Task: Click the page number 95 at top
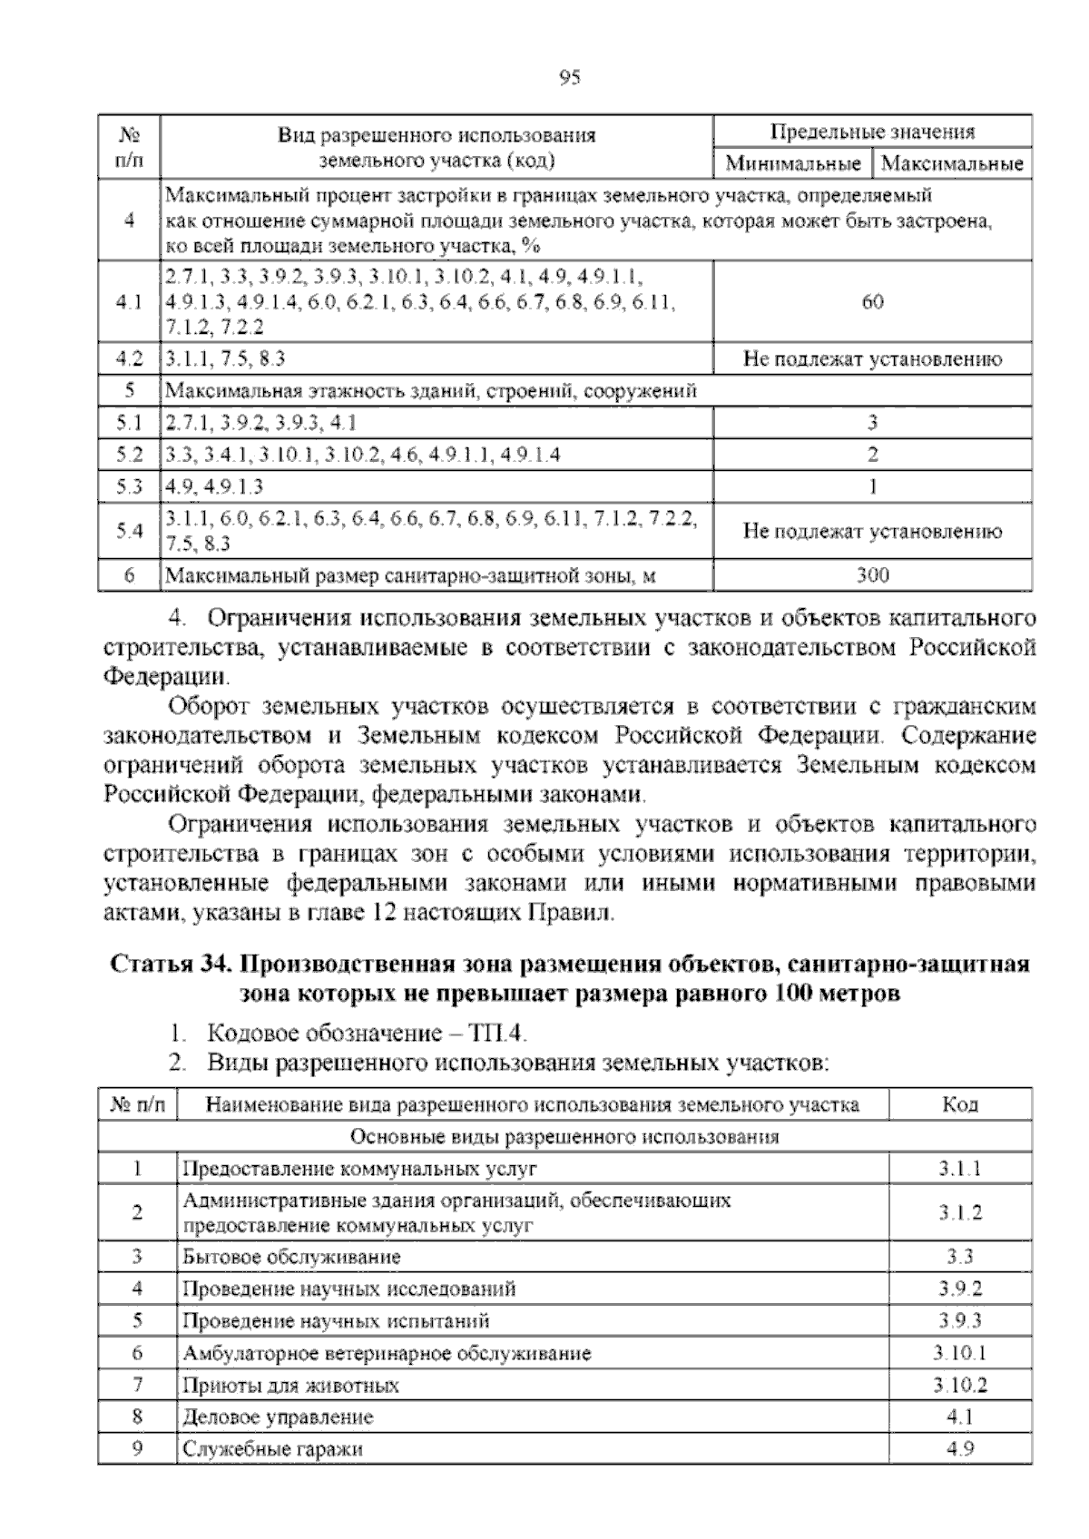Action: (x=569, y=78)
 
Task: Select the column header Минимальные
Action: (x=793, y=164)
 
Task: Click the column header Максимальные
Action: (x=952, y=164)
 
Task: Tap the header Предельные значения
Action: (x=872, y=132)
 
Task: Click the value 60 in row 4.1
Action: (x=872, y=302)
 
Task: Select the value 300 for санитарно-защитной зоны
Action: (x=872, y=574)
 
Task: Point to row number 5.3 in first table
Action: (x=130, y=486)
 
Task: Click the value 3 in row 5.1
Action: (x=872, y=422)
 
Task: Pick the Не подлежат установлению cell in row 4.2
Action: (x=872, y=359)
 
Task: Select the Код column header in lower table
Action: (x=959, y=1104)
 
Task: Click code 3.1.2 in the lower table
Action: (x=959, y=1213)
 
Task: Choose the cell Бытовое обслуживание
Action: (x=291, y=1257)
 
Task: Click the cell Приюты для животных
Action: (x=290, y=1386)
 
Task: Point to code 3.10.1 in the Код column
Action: (x=959, y=1353)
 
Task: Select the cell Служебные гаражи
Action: (x=272, y=1449)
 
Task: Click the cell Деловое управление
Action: (x=278, y=1417)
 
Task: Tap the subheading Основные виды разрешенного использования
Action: (x=564, y=1136)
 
